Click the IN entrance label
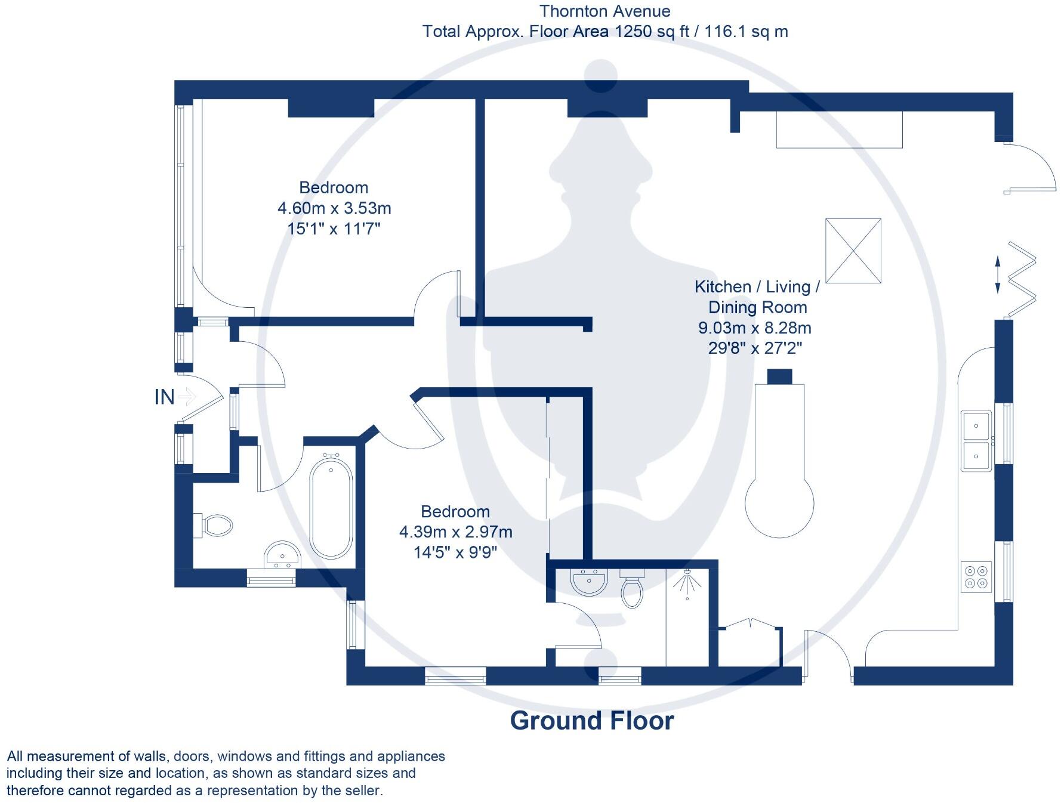165,397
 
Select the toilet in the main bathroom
215,526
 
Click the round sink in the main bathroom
282,555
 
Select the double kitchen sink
976,441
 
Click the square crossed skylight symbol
853,251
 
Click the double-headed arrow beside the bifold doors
998,275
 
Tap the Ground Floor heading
591,721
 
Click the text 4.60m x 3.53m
334,208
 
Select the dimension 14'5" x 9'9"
455,552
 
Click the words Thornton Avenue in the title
604,11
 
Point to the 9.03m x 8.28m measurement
755,328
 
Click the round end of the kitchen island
779,504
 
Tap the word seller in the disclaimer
359,790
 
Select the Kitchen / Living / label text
757,287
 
